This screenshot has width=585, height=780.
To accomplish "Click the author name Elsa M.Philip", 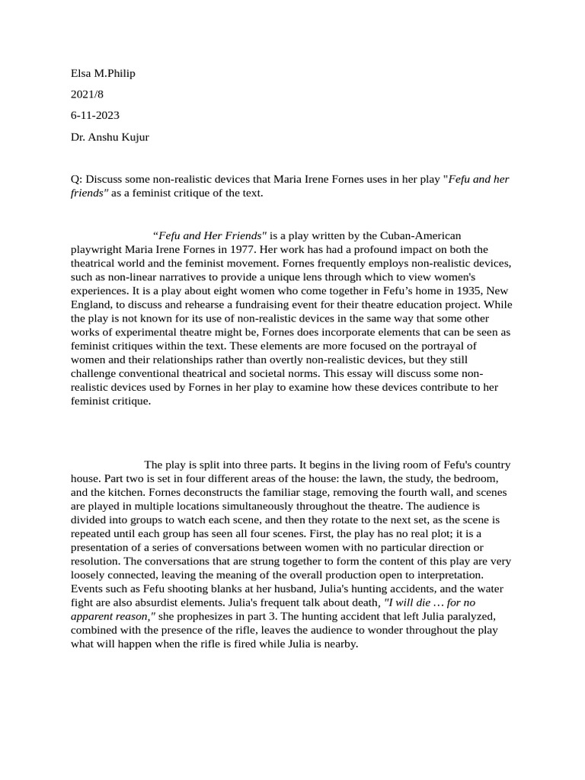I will click(x=103, y=73).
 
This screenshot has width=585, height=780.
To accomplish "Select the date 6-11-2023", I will click(x=95, y=116).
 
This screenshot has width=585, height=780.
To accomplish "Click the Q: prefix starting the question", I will click(x=76, y=180).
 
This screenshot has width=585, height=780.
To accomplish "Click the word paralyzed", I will click(x=477, y=615).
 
